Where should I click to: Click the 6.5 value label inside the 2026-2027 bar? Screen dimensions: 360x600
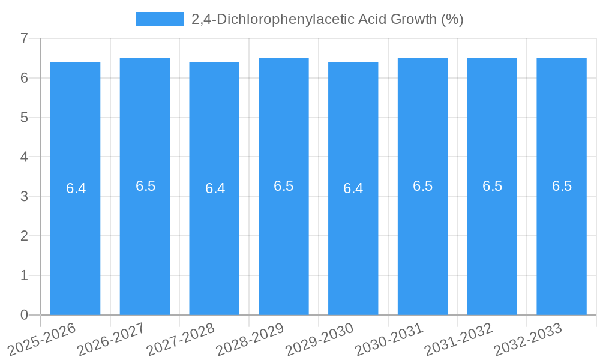click(x=145, y=186)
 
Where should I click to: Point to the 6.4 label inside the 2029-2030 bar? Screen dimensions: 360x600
click(x=353, y=188)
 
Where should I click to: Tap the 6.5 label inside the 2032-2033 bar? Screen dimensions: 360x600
click(x=562, y=186)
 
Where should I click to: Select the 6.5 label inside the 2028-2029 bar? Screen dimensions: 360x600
click(x=284, y=186)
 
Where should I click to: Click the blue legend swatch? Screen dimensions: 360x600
click(x=160, y=19)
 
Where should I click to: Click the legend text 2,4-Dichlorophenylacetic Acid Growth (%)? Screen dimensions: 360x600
click(x=327, y=19)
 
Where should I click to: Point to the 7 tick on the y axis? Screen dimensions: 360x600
click(x=24, y=38)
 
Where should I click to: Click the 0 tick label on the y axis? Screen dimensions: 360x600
click(x=24, y=315)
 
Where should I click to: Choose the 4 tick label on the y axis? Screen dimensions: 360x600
click(x=24, y=157)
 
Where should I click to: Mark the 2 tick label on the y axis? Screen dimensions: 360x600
click(x=24, y=236)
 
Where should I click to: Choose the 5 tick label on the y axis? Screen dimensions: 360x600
click(x=24, y=118)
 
